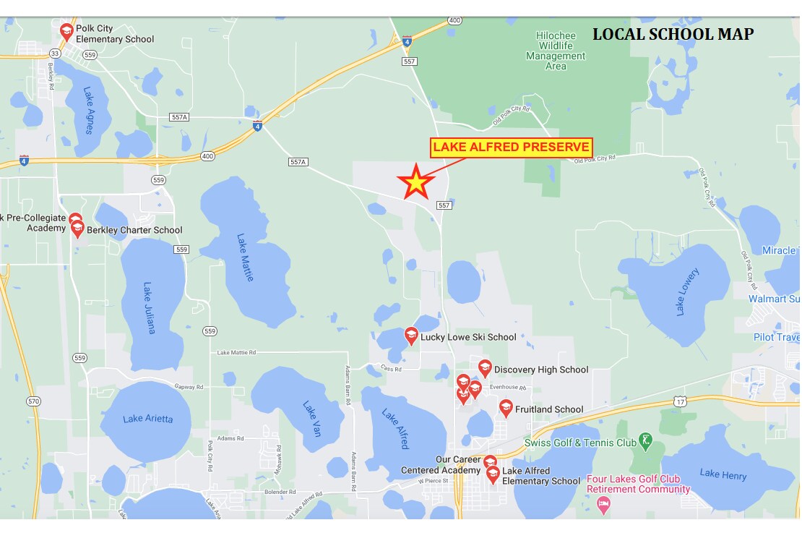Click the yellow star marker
416,182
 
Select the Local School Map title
673,34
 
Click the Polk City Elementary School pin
66,31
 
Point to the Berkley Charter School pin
77,229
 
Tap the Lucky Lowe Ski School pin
411,335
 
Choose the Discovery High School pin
485,368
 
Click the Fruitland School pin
506,408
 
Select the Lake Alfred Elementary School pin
493,474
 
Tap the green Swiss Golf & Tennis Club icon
646,440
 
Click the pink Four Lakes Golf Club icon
604,503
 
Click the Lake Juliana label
149,307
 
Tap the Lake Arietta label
147,419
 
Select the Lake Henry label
723,475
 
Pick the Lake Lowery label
687,291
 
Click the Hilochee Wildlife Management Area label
556,51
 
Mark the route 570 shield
34,401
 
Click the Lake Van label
311,418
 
